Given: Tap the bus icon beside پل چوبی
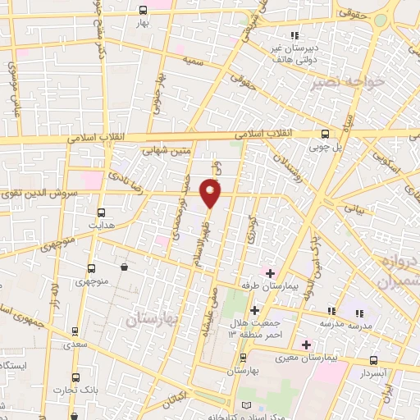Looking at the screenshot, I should (x=326, y=134).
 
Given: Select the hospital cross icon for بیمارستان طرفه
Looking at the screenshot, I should (x=270, y=272).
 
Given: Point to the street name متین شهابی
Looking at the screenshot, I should (x=166, y=150).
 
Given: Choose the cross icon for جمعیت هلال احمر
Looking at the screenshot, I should (x=254, y=311).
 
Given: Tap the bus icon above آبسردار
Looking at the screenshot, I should (x=374, y=360).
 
